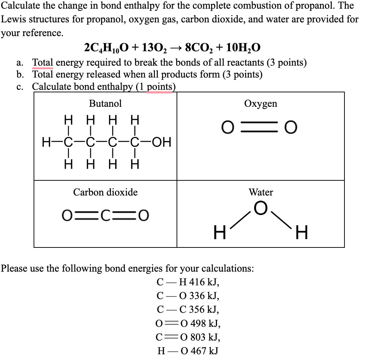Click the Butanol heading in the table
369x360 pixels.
point(105,104)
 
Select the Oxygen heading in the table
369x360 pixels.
point(261,104)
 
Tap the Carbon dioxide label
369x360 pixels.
point(105,192)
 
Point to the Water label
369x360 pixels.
point(261,192)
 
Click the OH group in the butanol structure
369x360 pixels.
point(161,142)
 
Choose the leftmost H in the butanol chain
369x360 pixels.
point(46,142)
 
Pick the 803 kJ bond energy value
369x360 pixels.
point(205,337)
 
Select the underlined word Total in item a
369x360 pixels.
point(43,63)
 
